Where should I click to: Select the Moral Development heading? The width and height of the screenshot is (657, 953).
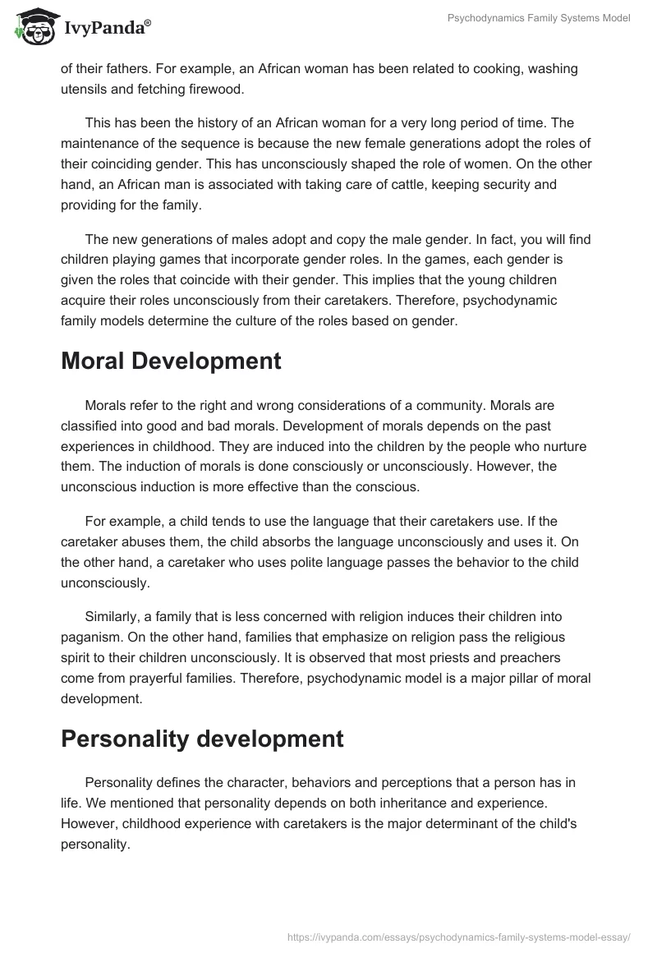pyautogui.click(x=171, y=361)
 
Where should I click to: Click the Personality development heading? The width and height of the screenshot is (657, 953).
pyautogui.click(x=202, y=739)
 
